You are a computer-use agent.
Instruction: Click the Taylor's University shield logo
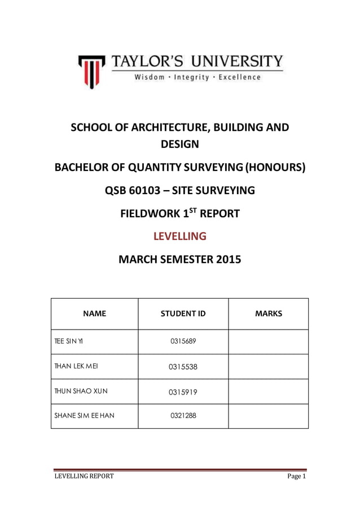[x=91, y=71]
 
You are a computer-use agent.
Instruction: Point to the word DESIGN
[x=179, y=144]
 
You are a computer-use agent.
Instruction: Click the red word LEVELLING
[x=179, y=236]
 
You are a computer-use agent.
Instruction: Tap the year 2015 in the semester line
[x=226, y=260]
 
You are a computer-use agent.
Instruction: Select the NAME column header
[x=94, y=314]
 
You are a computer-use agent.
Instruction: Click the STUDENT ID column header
[x=183, y=314]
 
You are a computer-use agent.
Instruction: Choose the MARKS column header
[x=268, y=314]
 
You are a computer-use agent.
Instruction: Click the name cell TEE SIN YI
[x=69, y=342]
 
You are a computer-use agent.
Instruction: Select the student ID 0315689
[x=183, y=342]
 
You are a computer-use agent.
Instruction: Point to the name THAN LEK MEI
[x=76, y=367]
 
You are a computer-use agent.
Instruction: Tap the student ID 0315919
[x=183, y=392]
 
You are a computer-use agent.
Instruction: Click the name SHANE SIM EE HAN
[x=84, y=416]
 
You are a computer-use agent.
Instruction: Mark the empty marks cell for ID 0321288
[x=268, y=416]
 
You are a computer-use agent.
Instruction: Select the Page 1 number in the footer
[x=296, y=476]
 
